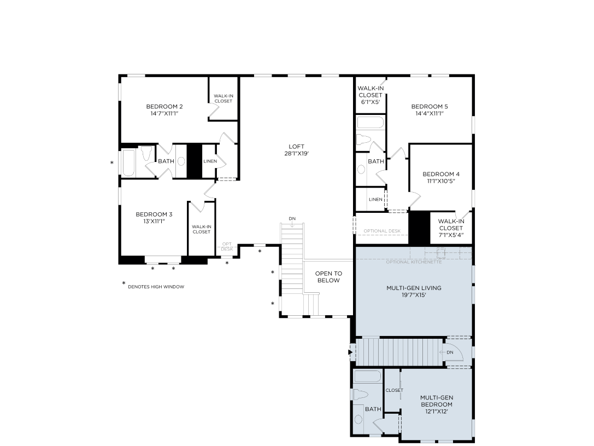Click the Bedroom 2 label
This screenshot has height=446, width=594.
164,106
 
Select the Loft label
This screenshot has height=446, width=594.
296,146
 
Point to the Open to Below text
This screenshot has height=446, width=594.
328,277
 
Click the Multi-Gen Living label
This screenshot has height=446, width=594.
414,288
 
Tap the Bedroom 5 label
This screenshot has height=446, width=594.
430,106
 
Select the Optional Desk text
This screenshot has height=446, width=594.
382,231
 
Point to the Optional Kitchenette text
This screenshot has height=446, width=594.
414,262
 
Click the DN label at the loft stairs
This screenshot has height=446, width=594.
292,219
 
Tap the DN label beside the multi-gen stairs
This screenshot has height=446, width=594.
450,352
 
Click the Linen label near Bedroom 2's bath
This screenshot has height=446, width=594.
210,161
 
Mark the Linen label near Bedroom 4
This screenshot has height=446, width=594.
375,200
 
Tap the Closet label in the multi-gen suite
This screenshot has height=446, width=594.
394,390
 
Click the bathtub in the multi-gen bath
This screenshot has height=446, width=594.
367,376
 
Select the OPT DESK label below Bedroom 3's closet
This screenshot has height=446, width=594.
226,246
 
